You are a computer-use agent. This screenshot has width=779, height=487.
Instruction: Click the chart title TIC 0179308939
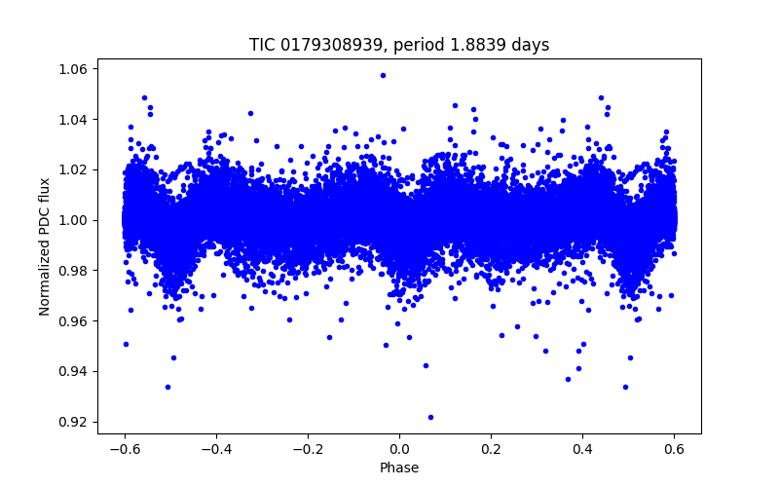click(399, 45)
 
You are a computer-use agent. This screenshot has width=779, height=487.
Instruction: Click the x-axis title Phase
click(399, 468)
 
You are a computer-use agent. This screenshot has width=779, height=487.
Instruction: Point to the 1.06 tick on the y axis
click(75, 69)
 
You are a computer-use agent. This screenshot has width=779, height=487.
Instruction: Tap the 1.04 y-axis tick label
click(75, 120)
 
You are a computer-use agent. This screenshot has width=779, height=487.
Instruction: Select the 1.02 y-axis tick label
click(75, 169)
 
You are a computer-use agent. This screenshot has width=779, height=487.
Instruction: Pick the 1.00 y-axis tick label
click(75, 220)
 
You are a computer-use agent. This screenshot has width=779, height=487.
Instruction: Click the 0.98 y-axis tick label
click(75, 271)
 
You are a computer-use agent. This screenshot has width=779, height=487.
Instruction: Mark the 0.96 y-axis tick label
click(75, 321)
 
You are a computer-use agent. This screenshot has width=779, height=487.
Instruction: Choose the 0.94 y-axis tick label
click(75, 371)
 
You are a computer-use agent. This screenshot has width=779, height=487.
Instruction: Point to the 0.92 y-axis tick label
click(75, 422)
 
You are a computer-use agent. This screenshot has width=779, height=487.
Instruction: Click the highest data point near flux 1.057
click(383, 75)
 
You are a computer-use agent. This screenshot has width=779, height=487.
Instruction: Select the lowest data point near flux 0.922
click(430, 417)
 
